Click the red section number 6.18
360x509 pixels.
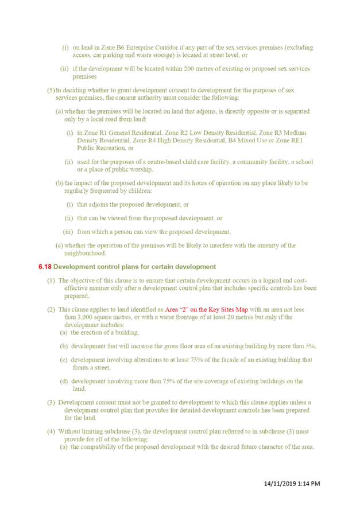(45, 267)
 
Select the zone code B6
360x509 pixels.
(121, 48)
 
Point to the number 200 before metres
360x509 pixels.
(189, 69)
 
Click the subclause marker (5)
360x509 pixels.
(51, 90)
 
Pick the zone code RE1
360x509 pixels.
(296, 141)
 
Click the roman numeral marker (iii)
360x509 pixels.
(68, 232)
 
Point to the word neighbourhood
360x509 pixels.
(85, 253)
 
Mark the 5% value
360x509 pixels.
(310, 346)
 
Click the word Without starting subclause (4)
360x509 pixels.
(69, 432)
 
